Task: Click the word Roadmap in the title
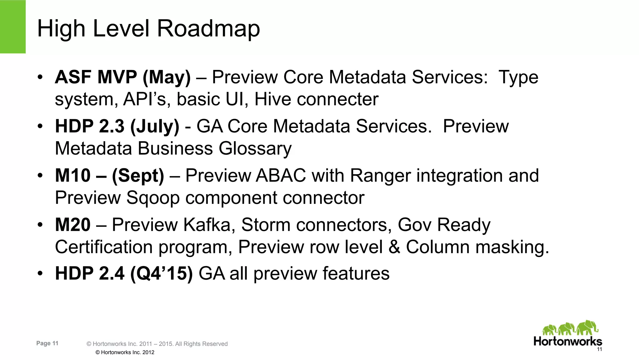tap(208, 29)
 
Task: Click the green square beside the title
tap(12, 27)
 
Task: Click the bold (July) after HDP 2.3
tap(155, 126)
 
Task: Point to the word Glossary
tap(255, 149)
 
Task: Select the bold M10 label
tap(73, 175)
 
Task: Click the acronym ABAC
tap(280, 175)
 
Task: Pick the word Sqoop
tap(153, 198)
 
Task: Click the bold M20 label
tap(73, 225)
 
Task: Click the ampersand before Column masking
tap(394, 247)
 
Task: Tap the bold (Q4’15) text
tap(161, 274)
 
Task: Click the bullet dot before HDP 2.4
tap(40, 274)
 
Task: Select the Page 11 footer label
tap(47, 343)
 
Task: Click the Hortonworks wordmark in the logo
tap(568, 341)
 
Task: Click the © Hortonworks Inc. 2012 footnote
tap(125, 352)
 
